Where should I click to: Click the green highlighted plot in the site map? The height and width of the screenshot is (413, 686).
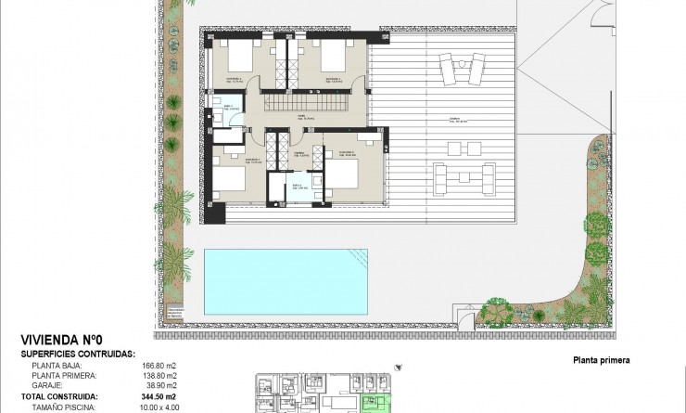(x=377, y=403)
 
